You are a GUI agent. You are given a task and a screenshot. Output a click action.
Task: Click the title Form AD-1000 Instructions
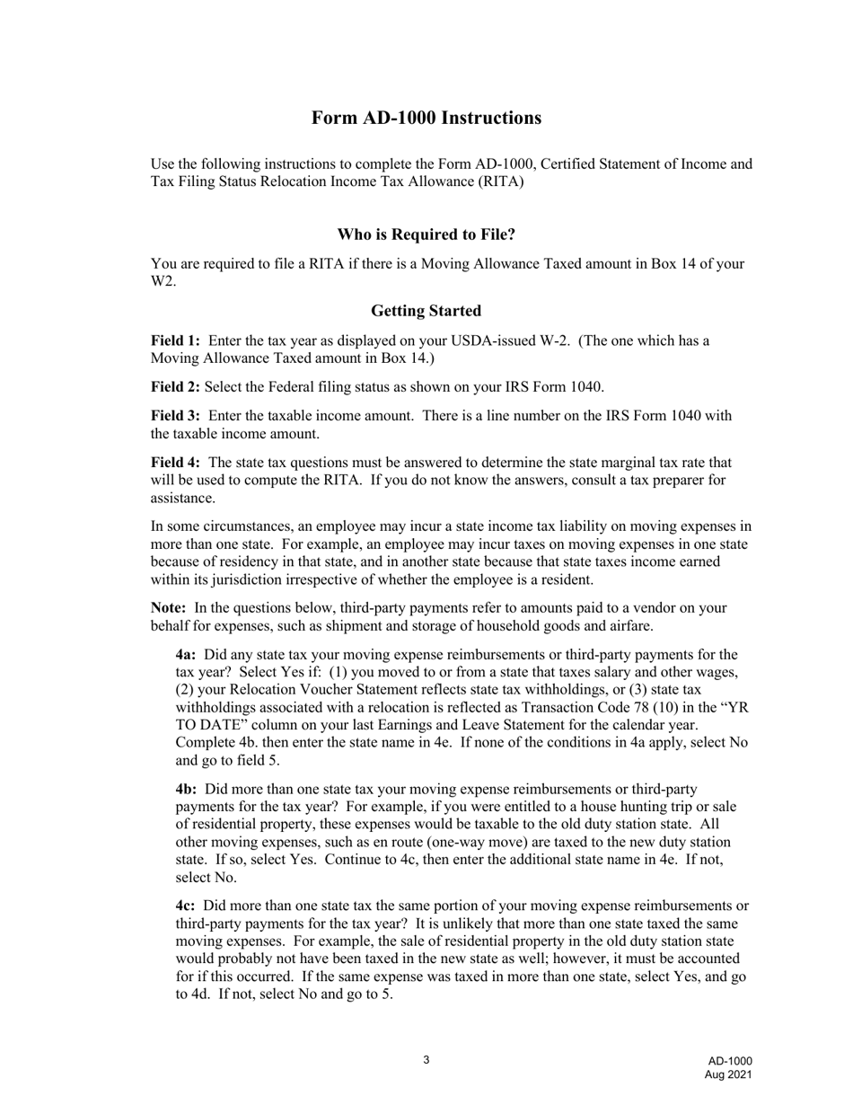426,119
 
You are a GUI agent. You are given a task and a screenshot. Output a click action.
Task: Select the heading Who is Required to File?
426,234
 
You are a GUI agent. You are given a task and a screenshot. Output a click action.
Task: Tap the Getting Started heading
426,311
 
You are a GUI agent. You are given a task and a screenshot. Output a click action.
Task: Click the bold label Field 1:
175,341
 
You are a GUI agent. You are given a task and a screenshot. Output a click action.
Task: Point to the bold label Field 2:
175,387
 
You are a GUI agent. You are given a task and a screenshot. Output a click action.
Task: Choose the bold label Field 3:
175,416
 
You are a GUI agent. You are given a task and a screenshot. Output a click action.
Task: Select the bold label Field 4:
175,463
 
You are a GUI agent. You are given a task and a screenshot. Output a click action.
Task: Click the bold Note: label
169,608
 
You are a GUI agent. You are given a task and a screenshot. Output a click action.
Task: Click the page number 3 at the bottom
426,1060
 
